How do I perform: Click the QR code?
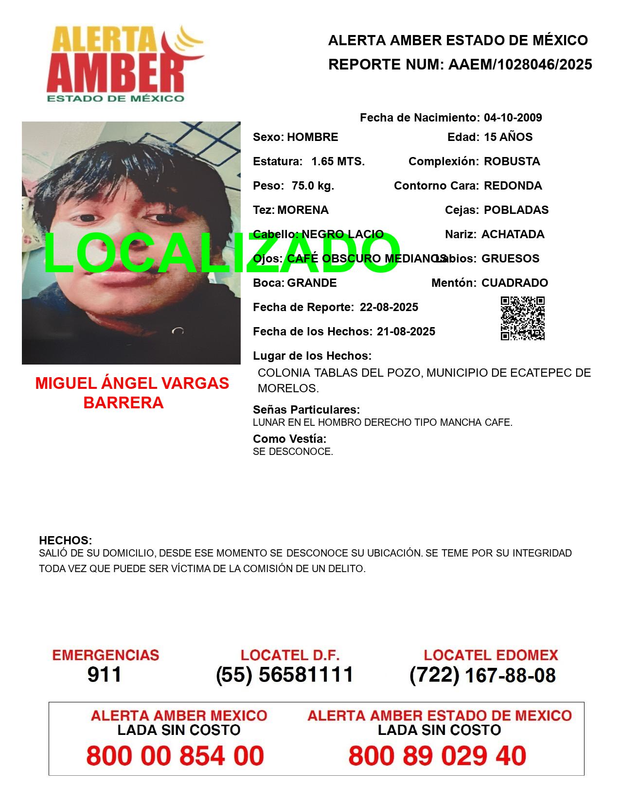(523, 318)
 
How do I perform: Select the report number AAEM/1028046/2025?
(520, 65)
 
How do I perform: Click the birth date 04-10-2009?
(513, 118)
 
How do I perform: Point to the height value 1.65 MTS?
(338, 161)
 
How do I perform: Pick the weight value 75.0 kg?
(313, 186)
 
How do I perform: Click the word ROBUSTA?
(512, 161)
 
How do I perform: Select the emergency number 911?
(105, 675)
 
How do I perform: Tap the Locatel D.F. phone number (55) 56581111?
(285, 675)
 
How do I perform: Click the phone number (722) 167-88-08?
(482, 675)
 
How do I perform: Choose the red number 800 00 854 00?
(175, 756)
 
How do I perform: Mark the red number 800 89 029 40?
(437, 756)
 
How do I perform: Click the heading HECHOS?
(65, 540)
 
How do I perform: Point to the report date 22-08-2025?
(389, 307)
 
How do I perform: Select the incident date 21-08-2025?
(406, 331)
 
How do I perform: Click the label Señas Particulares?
(306, 409)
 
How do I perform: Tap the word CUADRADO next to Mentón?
(514, 283)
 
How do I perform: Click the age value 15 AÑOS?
(508, 137)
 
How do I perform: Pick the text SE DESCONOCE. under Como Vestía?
(293, 452)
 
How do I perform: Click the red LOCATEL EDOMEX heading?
(491, 655)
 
